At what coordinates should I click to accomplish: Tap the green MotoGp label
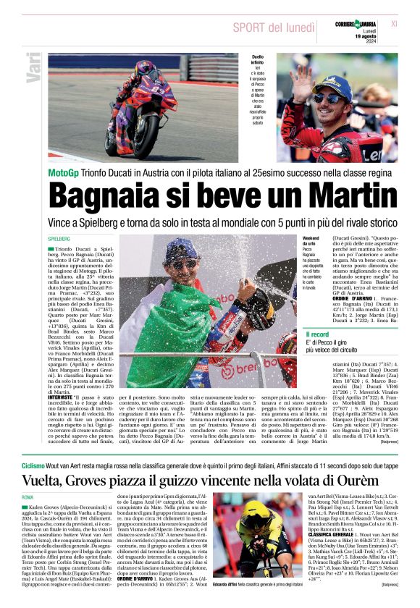[67, 174]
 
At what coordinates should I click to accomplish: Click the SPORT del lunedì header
[265, 28]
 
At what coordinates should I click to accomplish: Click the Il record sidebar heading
[317, 334]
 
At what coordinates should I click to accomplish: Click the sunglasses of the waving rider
[330, 97]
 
